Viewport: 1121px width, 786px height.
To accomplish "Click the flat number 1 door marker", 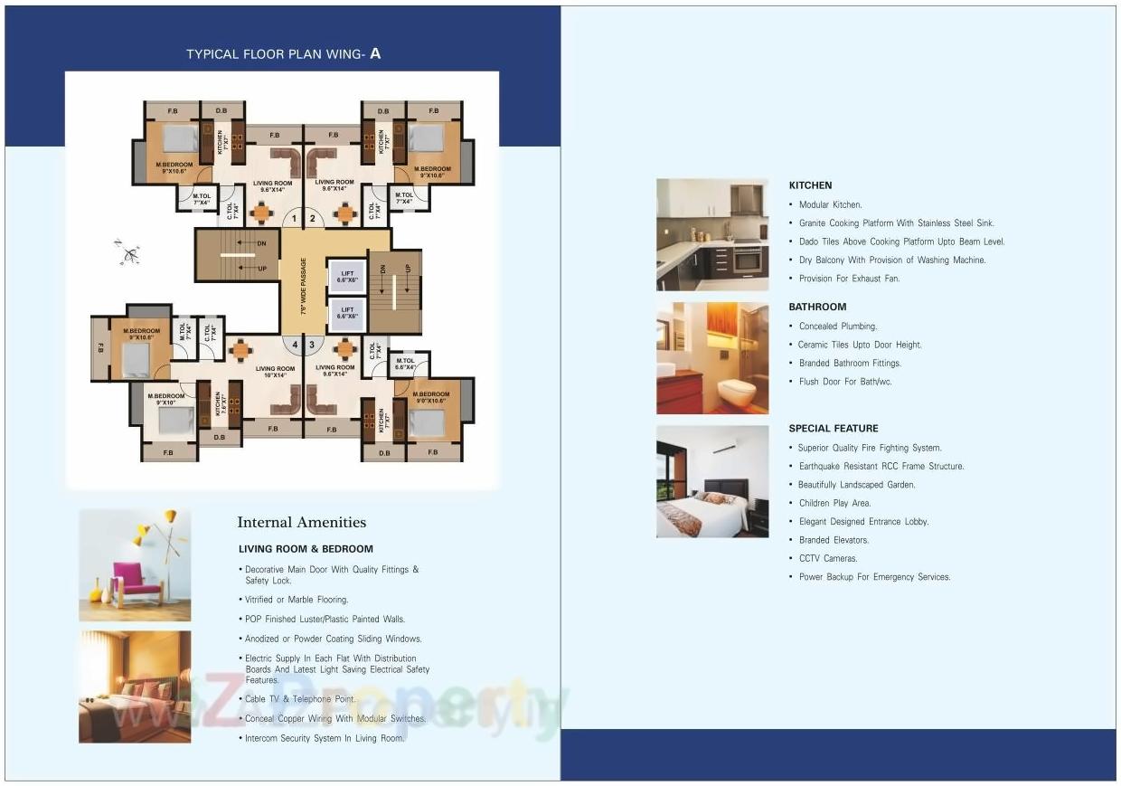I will click(293, 218).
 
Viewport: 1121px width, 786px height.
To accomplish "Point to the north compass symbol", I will click(127, 252).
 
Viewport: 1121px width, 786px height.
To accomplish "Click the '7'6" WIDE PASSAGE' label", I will click(304, 285).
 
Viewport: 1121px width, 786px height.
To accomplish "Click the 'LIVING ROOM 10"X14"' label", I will click(275, 372).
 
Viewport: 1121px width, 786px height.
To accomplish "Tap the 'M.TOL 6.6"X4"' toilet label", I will click(405, 364).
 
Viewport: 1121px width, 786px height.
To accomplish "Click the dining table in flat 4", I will click(240, 349).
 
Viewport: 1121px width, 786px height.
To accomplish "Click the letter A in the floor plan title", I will click(375, 53).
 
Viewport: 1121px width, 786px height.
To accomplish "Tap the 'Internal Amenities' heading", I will click(301, 522).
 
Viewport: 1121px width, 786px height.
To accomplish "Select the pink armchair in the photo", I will click(137, 582).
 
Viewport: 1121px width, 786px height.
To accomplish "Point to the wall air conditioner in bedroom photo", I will click(729, 448).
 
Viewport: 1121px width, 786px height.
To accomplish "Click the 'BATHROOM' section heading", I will click(817, 307).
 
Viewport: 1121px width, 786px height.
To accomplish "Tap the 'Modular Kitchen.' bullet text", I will click(830, 204).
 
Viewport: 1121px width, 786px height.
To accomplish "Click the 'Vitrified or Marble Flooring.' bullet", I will click(297, 600).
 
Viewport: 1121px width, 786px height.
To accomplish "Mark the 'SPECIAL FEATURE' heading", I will click(833, 429).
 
